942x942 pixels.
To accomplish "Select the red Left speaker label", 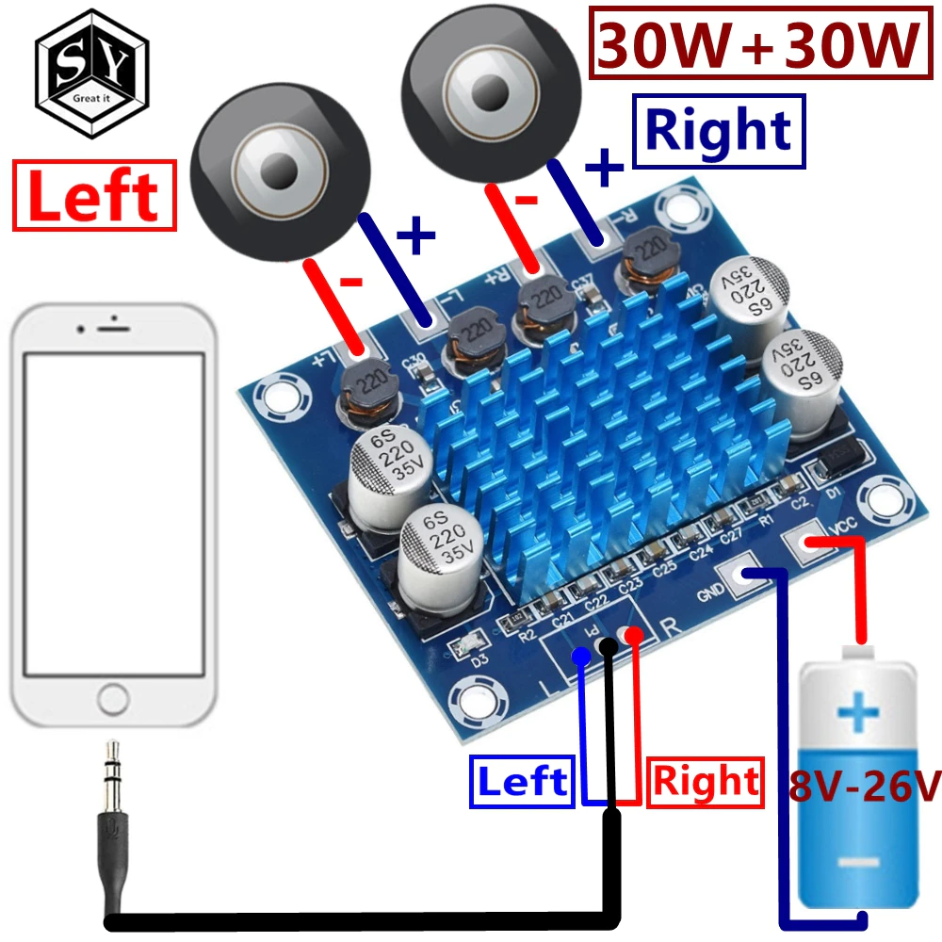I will [x=94, y=196].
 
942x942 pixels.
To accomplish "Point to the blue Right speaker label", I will [x=719, y=130].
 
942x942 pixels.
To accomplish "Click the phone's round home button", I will [x=113, y=699].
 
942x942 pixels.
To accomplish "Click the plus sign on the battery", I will [x=857, y=713].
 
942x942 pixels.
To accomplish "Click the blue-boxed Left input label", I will [x=522, y=782].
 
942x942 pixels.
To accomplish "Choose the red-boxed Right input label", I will [x=706, y=782].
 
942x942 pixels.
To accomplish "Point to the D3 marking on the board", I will [x=479, y=660].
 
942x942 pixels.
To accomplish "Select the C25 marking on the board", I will [x=665, y=568].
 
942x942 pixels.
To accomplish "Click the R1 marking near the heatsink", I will [x=765, y=517].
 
